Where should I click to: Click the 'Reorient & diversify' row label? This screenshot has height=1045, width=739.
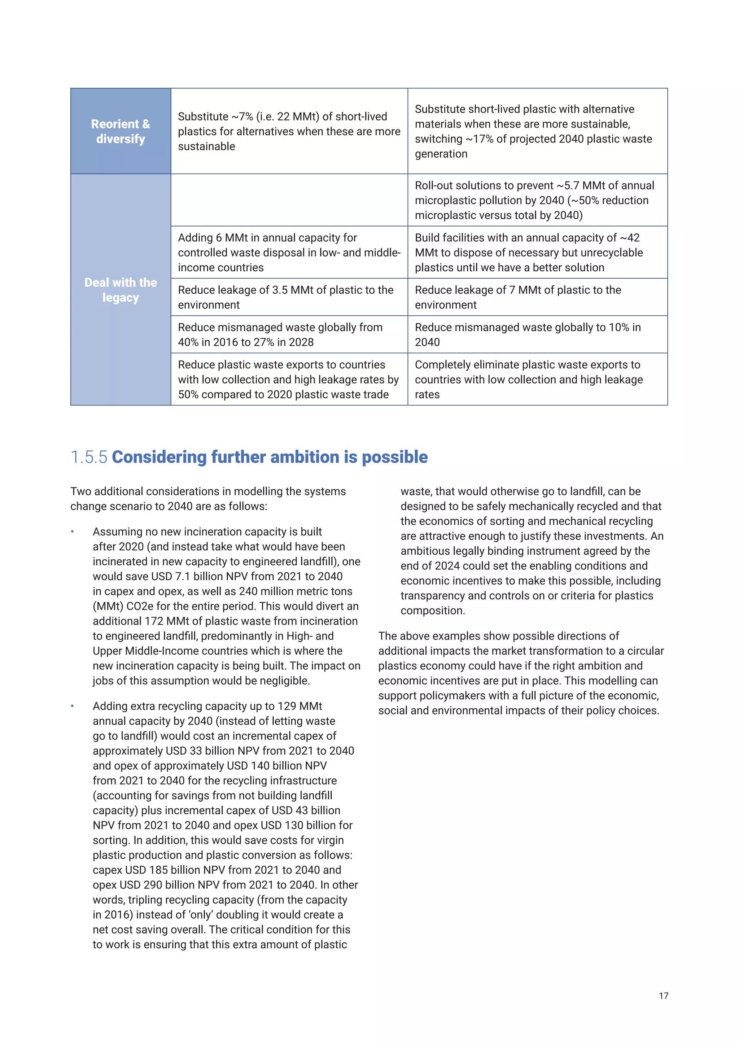(x=121, y=131)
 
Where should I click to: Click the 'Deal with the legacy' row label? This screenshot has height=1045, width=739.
(x=121, y=289)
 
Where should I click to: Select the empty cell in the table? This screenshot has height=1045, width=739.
(x=289, y=200)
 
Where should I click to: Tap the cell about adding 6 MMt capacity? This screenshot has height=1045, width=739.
(x=289, y=252)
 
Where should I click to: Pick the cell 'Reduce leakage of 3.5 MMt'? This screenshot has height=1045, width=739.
(x=289, y=297)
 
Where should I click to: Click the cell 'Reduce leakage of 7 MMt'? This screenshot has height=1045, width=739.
(x=537, y=297)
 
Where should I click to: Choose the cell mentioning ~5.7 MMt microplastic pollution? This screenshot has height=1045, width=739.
(x=537, y=200)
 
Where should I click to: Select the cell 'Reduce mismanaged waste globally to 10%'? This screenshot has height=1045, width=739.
(x=537, y=335)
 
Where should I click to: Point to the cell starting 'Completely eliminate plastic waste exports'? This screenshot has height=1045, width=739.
(x=537, y=379)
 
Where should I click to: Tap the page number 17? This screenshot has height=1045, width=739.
(x=664, y=996)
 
